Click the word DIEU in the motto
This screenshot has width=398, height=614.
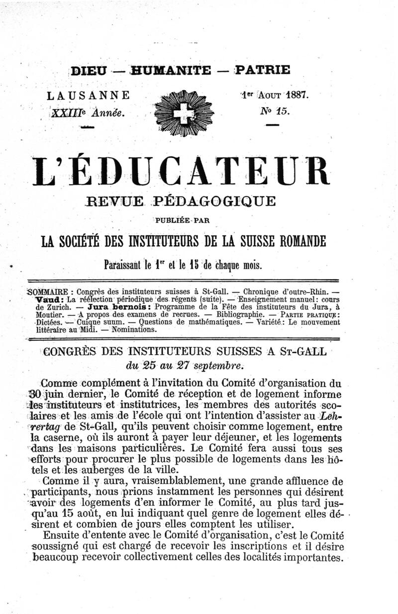click(88, 70)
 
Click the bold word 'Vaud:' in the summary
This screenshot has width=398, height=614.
click(50, 300)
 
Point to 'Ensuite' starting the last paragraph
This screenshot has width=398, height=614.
click(63, 535)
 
